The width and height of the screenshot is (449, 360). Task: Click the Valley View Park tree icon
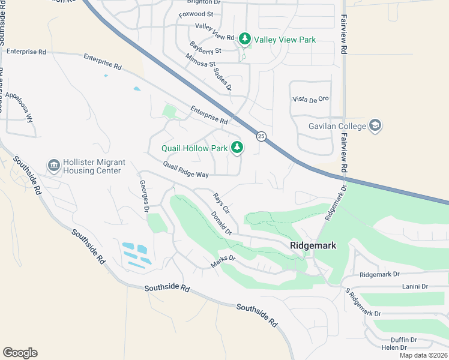click(244, 40)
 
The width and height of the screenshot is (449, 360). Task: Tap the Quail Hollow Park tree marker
click(238, 147)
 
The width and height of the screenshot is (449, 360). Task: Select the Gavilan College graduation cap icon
click(376, 126)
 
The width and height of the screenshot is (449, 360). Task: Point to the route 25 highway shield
click(261, 136)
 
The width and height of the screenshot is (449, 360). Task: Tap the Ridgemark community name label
click(313, 245)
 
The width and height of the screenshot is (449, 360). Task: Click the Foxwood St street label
click(196, 14)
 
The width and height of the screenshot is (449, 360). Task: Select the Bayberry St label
click(205, 48)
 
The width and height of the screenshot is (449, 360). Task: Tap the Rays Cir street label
click(221, 203)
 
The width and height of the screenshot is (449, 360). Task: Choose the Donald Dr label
click(221, 223)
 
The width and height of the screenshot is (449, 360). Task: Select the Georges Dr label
click(143, 196)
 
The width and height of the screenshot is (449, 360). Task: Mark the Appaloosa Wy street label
click(19, 107)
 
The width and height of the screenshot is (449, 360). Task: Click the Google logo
click(20, 353)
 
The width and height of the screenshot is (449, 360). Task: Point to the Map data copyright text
click(423, 355)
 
